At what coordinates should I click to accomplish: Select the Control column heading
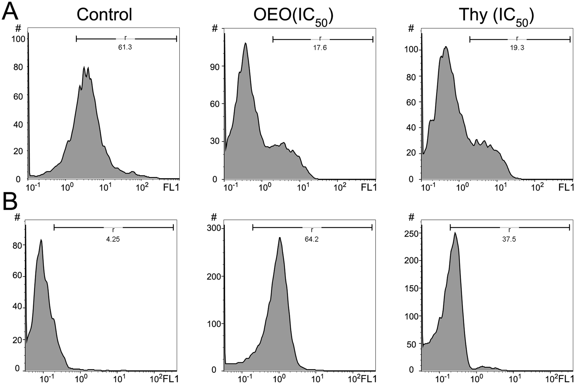[x=105, y=15]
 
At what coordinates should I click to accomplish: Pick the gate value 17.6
[x=320, y=48]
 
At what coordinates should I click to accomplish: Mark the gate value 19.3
[x=517, y=48]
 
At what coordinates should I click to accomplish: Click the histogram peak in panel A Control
[x=84, y=67]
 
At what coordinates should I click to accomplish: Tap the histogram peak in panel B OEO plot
[x=279, y=238]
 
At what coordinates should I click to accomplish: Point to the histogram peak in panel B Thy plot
[x=455, y=233]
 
